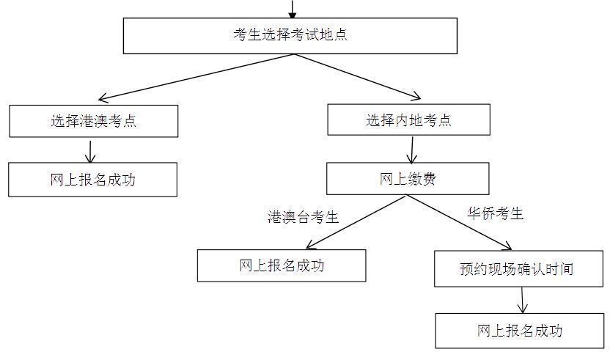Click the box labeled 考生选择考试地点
[x=290, y=36]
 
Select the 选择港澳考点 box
[x=93, y=121]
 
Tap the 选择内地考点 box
[x=408, y=120]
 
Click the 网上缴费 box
[x=407, y=179]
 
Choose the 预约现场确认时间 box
[x=515, y=268]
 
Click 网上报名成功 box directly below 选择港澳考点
[x=92, y=180]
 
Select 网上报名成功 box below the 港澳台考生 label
[x=281, y=265]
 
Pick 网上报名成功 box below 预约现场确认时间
[x=519, y=331]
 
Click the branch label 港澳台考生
[x=303, y=217]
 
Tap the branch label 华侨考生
[x=496, y=214]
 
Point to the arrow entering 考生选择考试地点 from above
[x=293, y=10]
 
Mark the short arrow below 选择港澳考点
[x=90, y=150]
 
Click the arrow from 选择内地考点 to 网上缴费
[x=411, y=150]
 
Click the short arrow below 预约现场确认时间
[x=523, y=300]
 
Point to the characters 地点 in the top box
[x=335, y=35]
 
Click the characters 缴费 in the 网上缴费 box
[x=420, y=179]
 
